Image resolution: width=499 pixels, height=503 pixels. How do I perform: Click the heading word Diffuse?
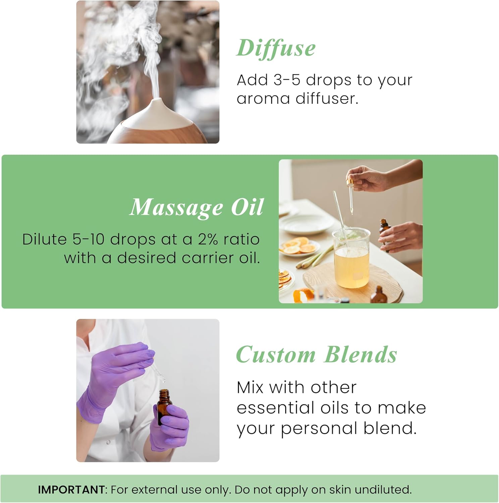point(276,48)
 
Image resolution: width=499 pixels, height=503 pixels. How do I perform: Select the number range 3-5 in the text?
point(287,80)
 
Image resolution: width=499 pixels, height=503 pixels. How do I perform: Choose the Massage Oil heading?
point(197,207)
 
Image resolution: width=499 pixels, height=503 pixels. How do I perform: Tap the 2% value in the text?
point(208,239)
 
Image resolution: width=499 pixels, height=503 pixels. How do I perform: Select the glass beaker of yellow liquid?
point(351,258)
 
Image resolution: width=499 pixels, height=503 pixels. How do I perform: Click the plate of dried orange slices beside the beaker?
point(299,246)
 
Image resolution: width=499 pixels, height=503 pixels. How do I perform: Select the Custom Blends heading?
point(316,355)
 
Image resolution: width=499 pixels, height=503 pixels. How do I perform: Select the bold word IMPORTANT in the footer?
point(71,490)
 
